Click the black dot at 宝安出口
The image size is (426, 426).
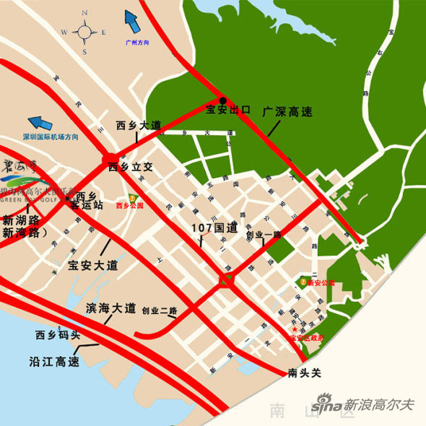pyautogui.click(x=223, y=100)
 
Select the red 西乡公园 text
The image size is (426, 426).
pyautogui.click(x=130, y=205)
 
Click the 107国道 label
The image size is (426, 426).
pyautogui.click(x=214, y=227)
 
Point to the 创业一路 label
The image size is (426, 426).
pyautogui.click(x=264, y=235)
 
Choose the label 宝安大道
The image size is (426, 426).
pyautogui.click(x=92, y=265)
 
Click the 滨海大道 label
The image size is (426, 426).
pyautogui.click(x=110, y=308)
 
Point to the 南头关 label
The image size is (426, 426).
pyautogui.click(x=303, y=373)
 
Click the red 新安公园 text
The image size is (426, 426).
pyautogui.click(x=321, y=283)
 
